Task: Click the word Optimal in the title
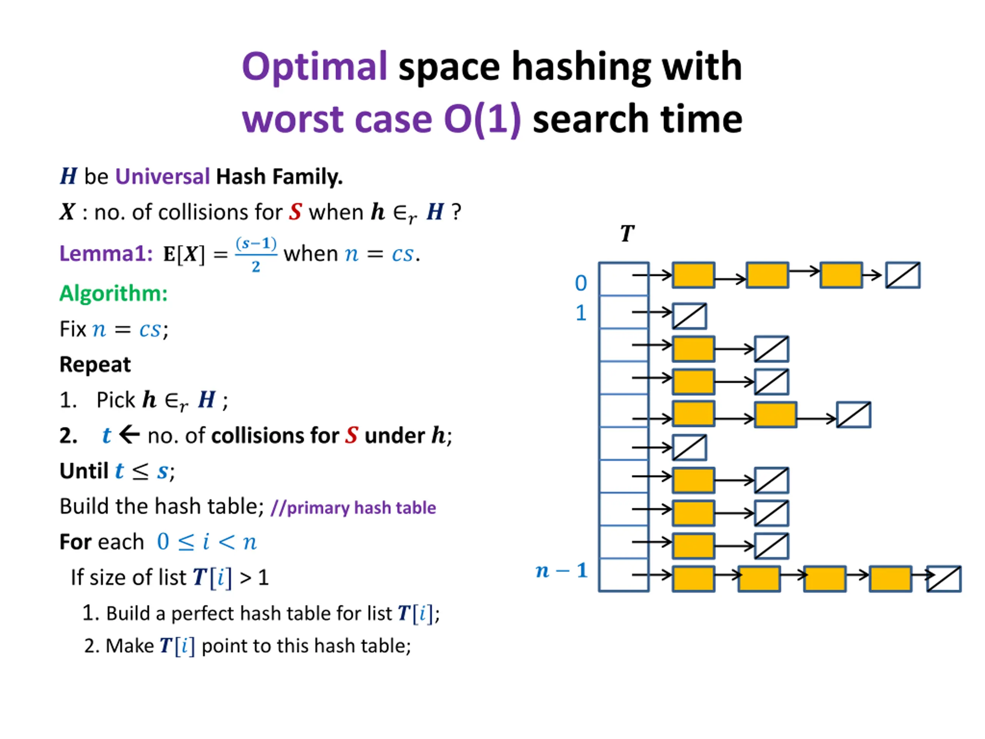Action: [x=314, y=67]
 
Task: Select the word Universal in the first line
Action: [x=162, y=176]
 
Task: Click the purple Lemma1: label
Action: [x=106, y=254]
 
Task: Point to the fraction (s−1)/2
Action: [x=256, y=254]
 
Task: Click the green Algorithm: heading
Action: [x=114, y=294]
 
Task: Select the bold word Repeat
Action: [x=95, y=364]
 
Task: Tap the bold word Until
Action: [x=84, y=471]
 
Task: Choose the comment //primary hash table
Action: [x=353, y=508]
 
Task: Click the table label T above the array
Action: [x=627, y=233]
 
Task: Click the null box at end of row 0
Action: [x=903, y=275]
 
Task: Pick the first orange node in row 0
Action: [x=693, y=275]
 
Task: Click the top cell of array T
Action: [x=623, y=279]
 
